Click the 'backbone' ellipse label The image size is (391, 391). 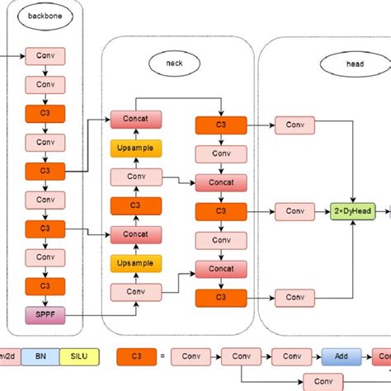tap(42, 16)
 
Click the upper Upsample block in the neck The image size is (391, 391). tap(135, 148)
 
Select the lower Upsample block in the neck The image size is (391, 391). tap(135, 263)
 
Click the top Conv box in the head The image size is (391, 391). tap(294, 125)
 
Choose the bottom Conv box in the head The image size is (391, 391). tap(294, 297)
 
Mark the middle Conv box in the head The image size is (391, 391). tap(294, 211)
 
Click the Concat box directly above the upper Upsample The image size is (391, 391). tap(135, 120)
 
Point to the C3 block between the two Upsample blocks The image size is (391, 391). tap(135, 205)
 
